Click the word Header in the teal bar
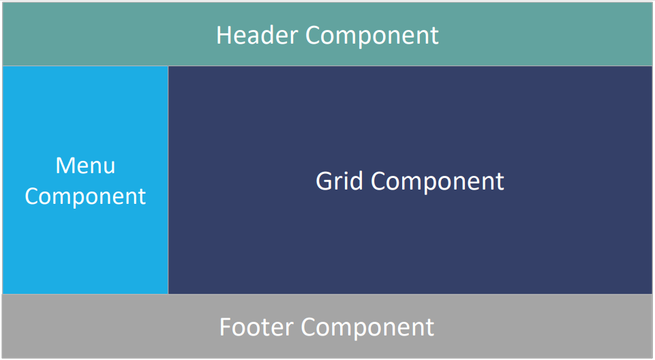click(x=258, y=35)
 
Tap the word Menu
click(x=85, y=166)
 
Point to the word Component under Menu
click(x=85, y=196)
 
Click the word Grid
click(x=339, y=181)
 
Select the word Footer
click(x=256, y=327)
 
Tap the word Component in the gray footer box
click(x=367, y=328)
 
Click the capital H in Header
click(x=224, y=35)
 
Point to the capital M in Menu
click(x=65, y=166)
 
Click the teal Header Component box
click(x=327, y=34)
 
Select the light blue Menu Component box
click(x=85, y=179)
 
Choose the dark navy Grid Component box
click(x=410, y=179)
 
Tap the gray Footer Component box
click(x=327, y=326)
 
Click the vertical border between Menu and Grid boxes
click(x=168, y=180)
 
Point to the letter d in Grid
click(x=356, y=181)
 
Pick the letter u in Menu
click(x=110, y=168)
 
